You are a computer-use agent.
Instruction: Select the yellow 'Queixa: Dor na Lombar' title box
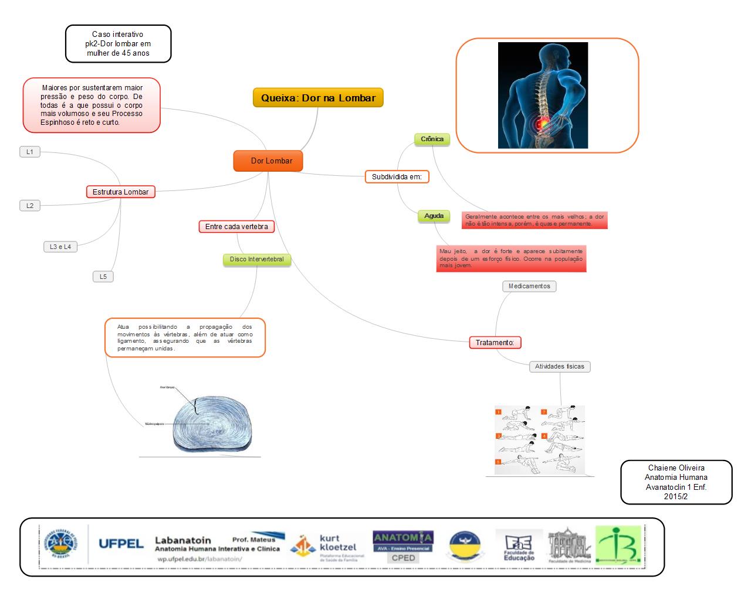[x=318, y=98]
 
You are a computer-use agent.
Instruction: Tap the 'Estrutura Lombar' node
[x=120, y=192]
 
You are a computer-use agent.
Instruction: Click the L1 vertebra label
[x=30, y=152]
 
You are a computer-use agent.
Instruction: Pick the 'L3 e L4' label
[x=60, y=247]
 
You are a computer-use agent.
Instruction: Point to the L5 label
[x=103, y=277]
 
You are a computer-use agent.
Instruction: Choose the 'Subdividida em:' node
[x=397, y=176]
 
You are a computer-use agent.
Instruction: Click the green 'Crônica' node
[x=432, y=139]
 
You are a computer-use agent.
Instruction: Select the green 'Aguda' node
[x=434, y=216]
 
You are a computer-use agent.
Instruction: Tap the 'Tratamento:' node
[x=495, y=343]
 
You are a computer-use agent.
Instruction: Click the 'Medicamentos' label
[x=529, y=287]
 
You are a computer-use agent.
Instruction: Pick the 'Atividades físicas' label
[x=559, y=367]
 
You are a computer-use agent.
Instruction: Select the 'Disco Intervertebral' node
[x=256, y=260]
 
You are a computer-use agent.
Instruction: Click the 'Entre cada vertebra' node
[x=236, y=227]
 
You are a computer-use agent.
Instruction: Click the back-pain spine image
[x=543, y=95]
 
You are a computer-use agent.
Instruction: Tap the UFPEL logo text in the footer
[x=121, y=544]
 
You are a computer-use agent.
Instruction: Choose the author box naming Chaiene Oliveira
[x=676, y=482]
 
